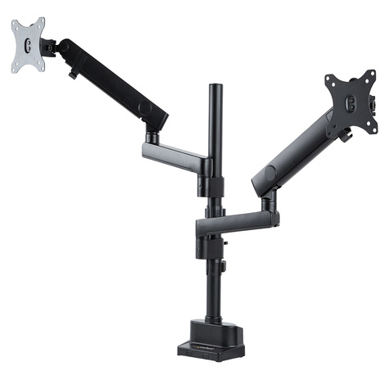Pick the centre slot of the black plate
tap(350, 102)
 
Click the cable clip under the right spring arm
tap(346, 134)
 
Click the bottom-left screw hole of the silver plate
tap(16, 66)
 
